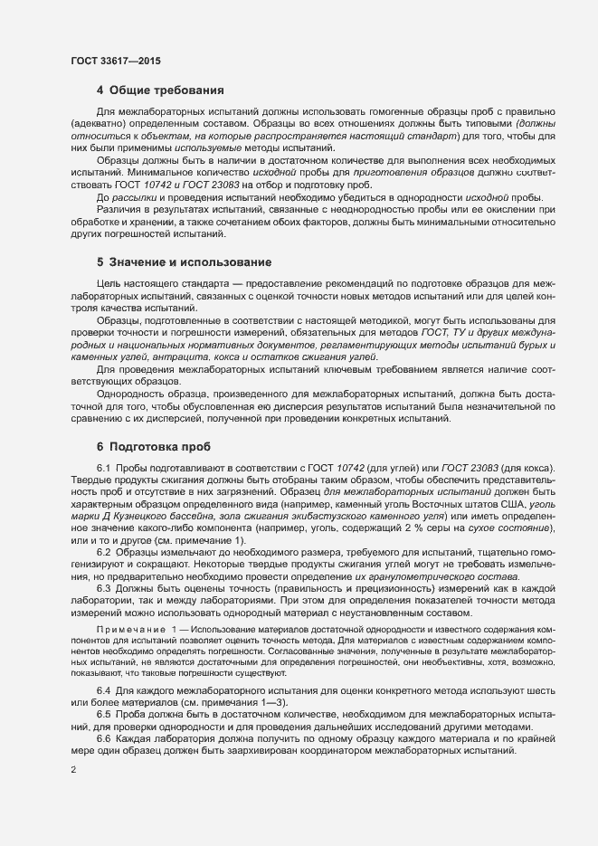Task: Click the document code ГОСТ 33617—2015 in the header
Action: pos(117,60)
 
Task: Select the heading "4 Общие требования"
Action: pos(161,90)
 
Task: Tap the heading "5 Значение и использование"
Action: pos(184,262)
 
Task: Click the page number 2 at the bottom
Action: pos(73,770)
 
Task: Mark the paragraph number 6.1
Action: pos(103,467)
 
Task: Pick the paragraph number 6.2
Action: pos(103,551)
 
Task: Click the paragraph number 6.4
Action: pos(103,690)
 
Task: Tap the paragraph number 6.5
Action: pos(103,715)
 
